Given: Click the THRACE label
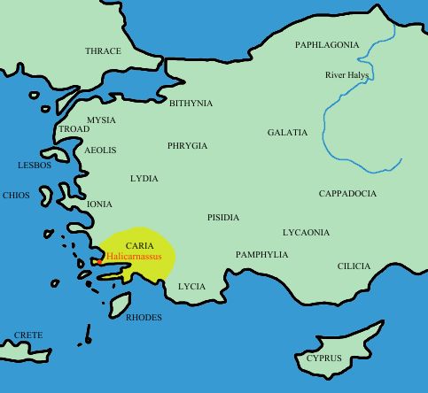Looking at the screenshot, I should click(x=103, y=51).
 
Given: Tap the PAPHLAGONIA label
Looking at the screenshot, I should click(x=327, y=44).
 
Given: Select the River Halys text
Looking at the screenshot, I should click(x=346, y=75).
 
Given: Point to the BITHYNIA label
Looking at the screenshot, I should click(x=191, y=104).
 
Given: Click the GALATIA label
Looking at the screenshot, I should click(x=287, y=133).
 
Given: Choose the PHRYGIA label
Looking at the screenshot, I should click(x=187, y=145).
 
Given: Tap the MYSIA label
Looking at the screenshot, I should click(x=101, y=119).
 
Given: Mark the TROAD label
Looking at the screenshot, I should click(x=74, y=129).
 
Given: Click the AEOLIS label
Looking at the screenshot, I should click(x=100, y=150).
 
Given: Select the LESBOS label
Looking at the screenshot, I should click(x=35, y=166).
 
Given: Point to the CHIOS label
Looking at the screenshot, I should click(x=16, y=196).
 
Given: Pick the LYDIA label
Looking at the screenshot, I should click(x=144, y=179).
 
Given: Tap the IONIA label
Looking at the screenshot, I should click(x=99, y=204).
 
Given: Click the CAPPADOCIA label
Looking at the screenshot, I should click(x=347, y=194).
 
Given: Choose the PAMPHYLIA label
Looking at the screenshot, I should click(x=261, y=255).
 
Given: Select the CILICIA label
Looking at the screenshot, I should click(x=354, y=266).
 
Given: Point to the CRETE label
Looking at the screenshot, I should click(x=28, y=336).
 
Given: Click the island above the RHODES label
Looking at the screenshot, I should click(x=120, y=304).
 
